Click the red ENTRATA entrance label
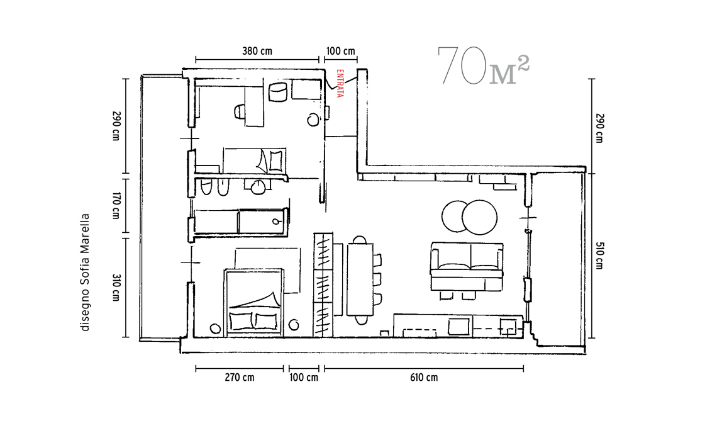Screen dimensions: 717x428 click(x=340, y=83)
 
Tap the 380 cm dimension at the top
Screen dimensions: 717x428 click(x=257, y=51)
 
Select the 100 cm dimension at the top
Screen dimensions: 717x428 click(x=340, y=51)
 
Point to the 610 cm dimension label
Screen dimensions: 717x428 click(x=424, y=378)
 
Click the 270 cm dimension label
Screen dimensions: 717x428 click(x=239, y=378)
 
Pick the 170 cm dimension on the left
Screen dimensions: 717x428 click(x=116, y=206)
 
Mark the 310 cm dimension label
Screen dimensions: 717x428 click(x=116, y=288)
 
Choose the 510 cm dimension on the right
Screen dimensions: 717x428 click(x=599, y=256)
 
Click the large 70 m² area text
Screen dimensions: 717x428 click(x=483, y=66)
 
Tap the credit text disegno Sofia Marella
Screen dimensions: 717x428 click(x=85, y=273)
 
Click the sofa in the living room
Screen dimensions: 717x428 click(x=467, y=267)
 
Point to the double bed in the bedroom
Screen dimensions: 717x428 click(x=254, y=303)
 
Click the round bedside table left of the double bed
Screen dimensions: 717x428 click(x=215, y=328)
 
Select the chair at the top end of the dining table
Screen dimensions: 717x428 click(x=360, y=239)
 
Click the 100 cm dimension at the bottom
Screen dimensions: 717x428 click(x=304, y=378)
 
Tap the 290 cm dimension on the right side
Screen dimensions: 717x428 click(x=599, y=128)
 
